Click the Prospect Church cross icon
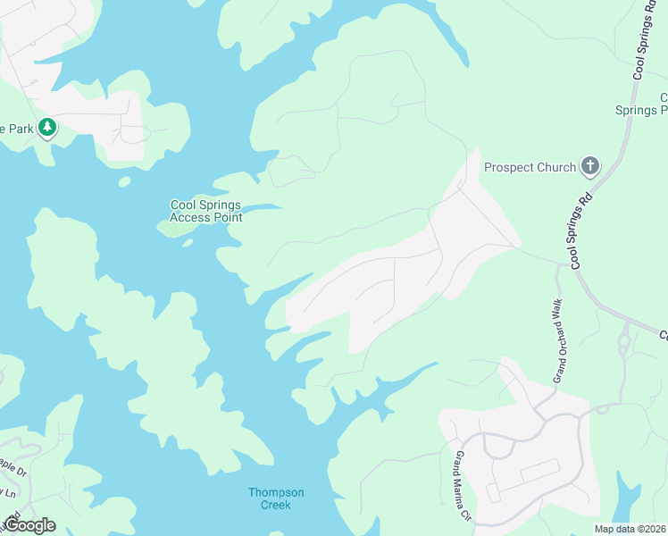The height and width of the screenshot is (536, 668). pos(589,166)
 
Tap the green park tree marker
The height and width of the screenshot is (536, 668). pos(46,129)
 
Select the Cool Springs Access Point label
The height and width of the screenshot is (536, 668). pos(205,211)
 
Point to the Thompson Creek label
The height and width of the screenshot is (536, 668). pos(276,498)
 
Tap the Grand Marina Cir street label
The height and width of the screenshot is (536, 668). pos(463,487)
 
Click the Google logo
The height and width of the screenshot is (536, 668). pos(29,525)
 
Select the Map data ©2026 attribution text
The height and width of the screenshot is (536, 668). pos(630,529)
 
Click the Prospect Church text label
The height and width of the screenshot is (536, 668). pos(530,167)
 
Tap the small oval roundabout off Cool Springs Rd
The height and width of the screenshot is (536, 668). pos(623,340)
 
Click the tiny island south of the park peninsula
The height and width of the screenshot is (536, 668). pos(124,181)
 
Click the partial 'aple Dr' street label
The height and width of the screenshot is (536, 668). pos(13,465)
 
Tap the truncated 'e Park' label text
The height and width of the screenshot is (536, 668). pos(16,129)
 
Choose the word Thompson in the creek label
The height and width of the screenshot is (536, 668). pos(276,492)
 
